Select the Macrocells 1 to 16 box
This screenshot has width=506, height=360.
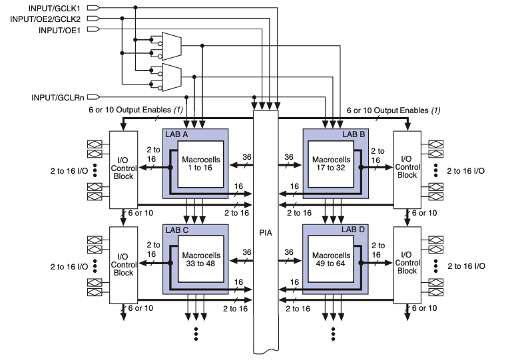tap(200, 164)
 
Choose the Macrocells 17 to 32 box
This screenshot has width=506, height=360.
tap(330, 164)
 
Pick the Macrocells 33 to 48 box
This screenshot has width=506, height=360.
tap(200, 260)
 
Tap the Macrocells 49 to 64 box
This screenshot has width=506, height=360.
tap(330, 260)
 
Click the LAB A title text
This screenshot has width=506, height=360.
tap(177, 134)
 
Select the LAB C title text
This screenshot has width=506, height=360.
tap(177, 230)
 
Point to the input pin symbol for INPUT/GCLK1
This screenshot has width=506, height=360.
tap(93, 7)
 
